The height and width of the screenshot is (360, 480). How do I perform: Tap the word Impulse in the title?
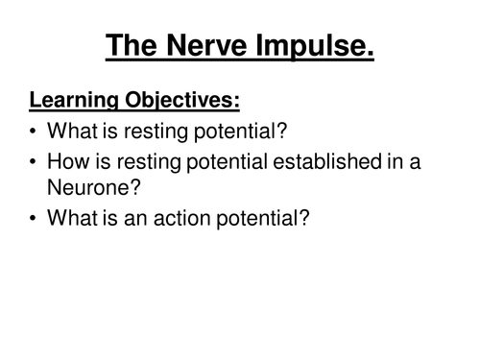coord(317,45)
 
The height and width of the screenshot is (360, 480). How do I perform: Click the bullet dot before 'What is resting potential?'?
coord(36,135)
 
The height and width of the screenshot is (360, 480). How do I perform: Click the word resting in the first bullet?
coord(167,135)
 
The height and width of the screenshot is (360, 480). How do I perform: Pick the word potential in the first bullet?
coord(254,135)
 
